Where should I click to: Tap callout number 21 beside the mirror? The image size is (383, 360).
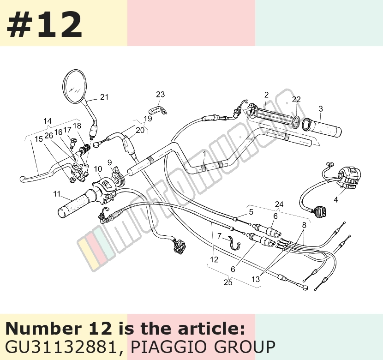pos(104,97)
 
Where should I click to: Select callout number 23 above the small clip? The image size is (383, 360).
pos(161,94)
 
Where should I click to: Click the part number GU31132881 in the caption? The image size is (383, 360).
pos(60,347)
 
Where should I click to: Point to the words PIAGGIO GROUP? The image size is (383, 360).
pos(203,347)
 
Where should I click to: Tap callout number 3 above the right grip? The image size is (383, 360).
pos(321,109)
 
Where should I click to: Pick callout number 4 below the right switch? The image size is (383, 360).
pos(336,200)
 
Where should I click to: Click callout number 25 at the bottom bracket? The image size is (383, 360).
pos(228,282)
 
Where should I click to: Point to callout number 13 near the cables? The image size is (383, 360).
pos(256,279)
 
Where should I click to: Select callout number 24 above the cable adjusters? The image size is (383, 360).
pos(279,204)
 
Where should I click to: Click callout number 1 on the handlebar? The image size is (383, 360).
pos(204,154)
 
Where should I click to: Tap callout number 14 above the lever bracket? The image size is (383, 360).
pos(48,121)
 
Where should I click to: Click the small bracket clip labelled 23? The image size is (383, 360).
pos(158,111)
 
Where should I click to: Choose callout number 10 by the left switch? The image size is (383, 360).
pos(98,169)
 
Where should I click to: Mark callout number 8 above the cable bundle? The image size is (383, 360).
pos(304,225)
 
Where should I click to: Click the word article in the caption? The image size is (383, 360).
pos(211,329)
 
